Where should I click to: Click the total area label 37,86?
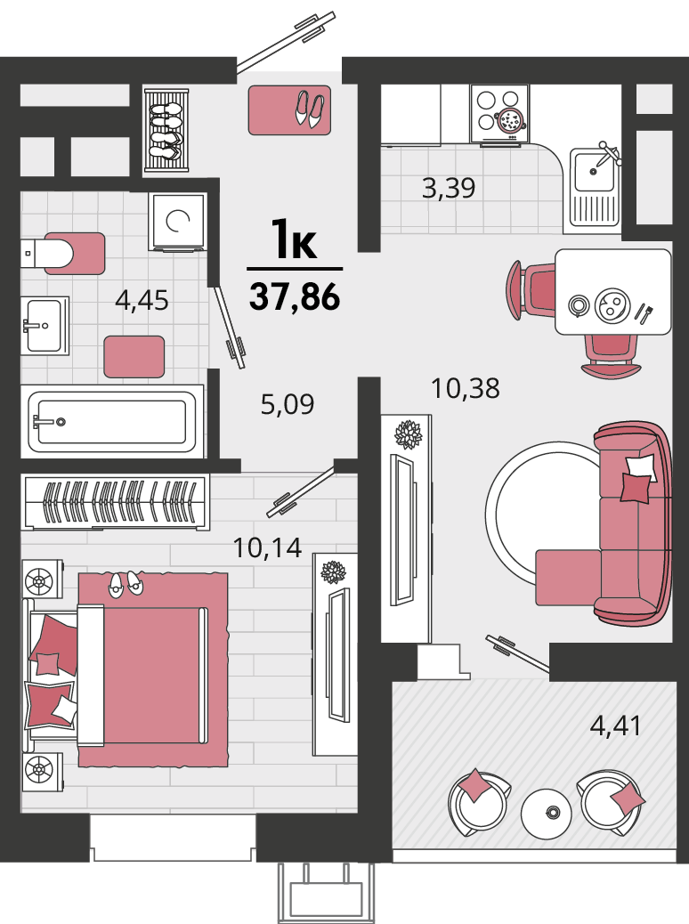tap(295, 296)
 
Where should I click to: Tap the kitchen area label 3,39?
tap(449, 188)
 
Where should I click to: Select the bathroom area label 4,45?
tap(142, 301)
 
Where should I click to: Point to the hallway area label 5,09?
tap(287, 404)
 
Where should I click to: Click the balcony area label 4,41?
tap(615, 725)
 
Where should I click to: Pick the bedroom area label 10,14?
tap(268, 548)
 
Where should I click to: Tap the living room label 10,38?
tap(466, 388)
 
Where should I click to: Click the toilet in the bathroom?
tap(63, 254)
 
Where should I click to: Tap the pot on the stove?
tap(510, 121)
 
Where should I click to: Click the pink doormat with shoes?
tap(289, 109)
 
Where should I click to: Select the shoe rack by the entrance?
tap(166, 130)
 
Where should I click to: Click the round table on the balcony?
tap(547, 814)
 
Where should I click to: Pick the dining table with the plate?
tap(613, 292)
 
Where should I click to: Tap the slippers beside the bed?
tap(125, 583)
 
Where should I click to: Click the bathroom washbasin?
tap(45, 326)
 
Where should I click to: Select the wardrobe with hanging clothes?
tap(116, 501)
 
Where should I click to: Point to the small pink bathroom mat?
tap(134, 357)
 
